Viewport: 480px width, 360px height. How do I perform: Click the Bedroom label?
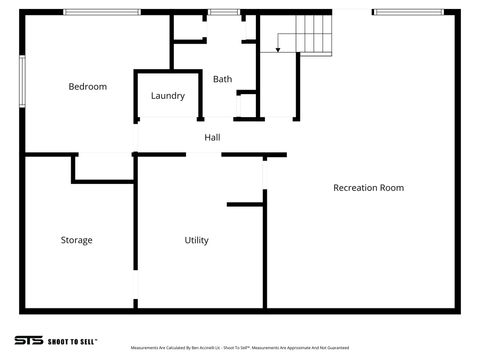tap(87, 87)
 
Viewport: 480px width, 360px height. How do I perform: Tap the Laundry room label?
tap(168, 96)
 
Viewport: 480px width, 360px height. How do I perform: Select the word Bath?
tap(222, 79)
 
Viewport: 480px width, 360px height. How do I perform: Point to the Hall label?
tap(212, 137)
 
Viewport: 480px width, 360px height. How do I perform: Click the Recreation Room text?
tap(368, 187)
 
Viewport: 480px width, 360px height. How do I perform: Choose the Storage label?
tap(76, 240)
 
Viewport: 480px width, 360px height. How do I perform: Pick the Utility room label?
tap(196, 240)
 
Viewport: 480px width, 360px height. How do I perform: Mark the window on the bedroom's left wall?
tap(22, 77)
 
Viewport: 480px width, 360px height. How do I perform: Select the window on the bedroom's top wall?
tap(101, 12)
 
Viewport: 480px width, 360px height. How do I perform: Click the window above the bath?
tap(224, 12)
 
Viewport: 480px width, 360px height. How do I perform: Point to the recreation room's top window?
tap(407, 12)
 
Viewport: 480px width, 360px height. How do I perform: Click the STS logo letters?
tap(28, 341)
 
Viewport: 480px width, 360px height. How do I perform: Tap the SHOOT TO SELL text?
tap(73, 341)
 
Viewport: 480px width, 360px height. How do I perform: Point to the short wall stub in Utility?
tap(245, 204)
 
